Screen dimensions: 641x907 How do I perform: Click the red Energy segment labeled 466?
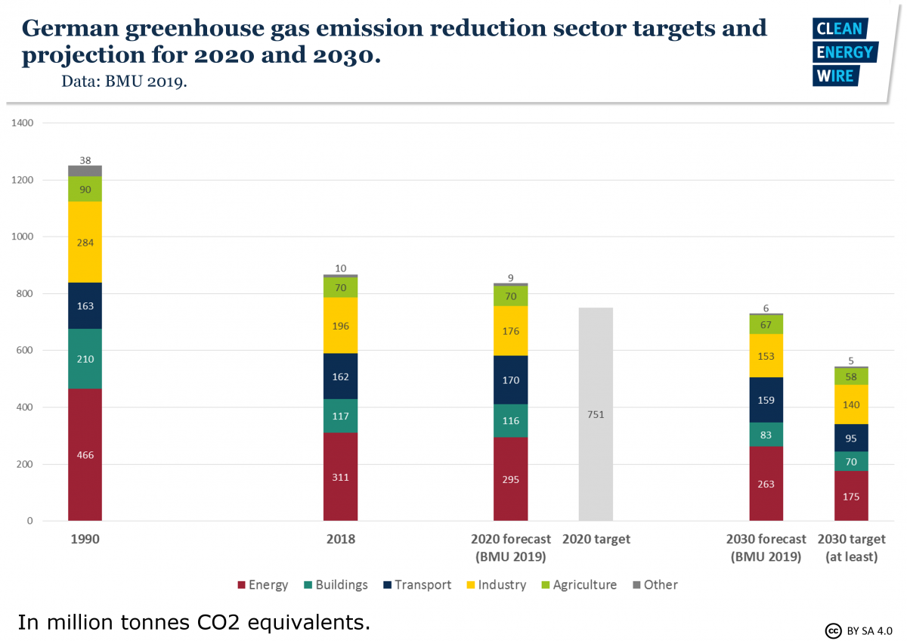85,454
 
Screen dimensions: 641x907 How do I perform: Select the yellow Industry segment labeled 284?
85,242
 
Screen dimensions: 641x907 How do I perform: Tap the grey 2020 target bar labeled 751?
596,414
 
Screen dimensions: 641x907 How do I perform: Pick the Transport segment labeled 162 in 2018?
340,376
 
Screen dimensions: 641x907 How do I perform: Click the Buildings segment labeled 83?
766,435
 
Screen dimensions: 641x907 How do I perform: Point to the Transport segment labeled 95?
851,438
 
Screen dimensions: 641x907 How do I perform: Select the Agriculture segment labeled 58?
851,376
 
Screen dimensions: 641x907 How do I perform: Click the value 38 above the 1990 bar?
85,160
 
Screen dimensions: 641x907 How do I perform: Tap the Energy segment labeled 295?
510,479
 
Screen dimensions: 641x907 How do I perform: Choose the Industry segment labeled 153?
766,356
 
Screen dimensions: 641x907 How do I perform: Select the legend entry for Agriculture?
578,584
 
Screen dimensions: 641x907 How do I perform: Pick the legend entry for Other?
655,584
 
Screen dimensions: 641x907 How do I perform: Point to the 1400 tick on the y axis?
22,122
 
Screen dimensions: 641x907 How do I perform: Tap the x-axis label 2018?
340,540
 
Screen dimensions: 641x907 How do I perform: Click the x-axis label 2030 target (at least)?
851,548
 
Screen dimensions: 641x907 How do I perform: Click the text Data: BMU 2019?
124,82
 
